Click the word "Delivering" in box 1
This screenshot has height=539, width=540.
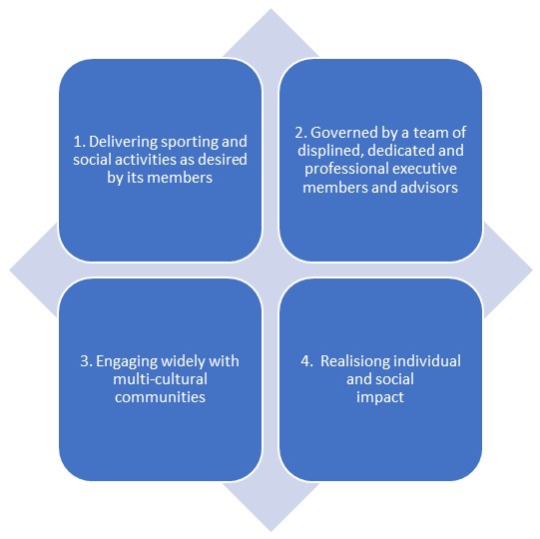[123, 142]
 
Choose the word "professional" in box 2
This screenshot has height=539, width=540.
[346, 169]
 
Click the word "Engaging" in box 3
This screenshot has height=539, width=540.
[127, 361]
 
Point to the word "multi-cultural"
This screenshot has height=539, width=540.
[160, 379]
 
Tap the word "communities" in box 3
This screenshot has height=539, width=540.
[160, 397]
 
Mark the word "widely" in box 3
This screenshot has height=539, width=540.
[183, 361]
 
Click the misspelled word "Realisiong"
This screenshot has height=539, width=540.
[355, 361]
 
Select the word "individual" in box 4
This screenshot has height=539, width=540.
[427, 361]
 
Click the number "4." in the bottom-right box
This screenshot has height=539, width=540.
[307, 361]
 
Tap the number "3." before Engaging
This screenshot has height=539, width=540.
[87, 361]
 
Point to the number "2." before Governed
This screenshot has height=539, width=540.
[301, 133]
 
